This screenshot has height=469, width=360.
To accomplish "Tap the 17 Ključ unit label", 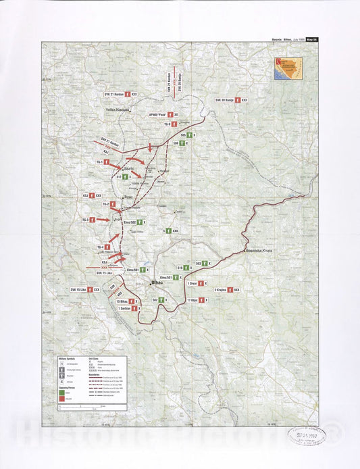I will pyautogui.click(x=197, y=299).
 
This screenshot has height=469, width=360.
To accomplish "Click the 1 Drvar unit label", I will pyautogui.click(x=197, y=283).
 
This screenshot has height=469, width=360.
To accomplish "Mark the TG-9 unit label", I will pyautogui.click(x=168, y=124).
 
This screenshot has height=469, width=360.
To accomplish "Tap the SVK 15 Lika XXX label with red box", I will pyautogui.click(x=84, y=289).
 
